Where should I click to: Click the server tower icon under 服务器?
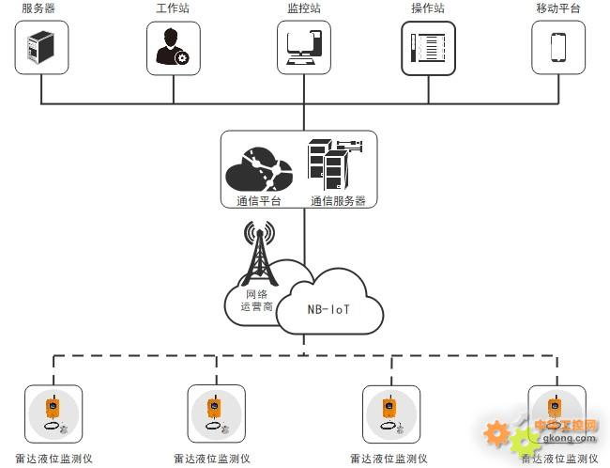pos(41,47)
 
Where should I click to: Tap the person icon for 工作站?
pos(173,47)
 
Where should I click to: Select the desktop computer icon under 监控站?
pos(304,48)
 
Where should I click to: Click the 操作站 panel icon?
pos(428,48)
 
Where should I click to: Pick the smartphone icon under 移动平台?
pos(558,48)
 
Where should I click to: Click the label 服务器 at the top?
pos(38,8)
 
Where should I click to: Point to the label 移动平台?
pos(558,8)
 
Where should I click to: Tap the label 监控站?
pos(304,8)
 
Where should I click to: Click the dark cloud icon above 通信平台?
pos(259,169)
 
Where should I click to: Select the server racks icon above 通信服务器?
pos(335,164)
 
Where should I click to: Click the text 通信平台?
pos(259,201)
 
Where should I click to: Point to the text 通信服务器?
pos(338,201)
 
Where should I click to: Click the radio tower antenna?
pos(259,254)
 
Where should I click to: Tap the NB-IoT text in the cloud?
pos(328,309)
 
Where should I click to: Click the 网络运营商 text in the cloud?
pos(257,300)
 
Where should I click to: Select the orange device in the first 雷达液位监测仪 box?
pos(53,407)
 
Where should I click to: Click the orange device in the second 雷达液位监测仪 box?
pos(214,407)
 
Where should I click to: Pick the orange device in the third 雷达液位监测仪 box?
pos(389,407)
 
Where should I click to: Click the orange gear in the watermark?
pos(496,433)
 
